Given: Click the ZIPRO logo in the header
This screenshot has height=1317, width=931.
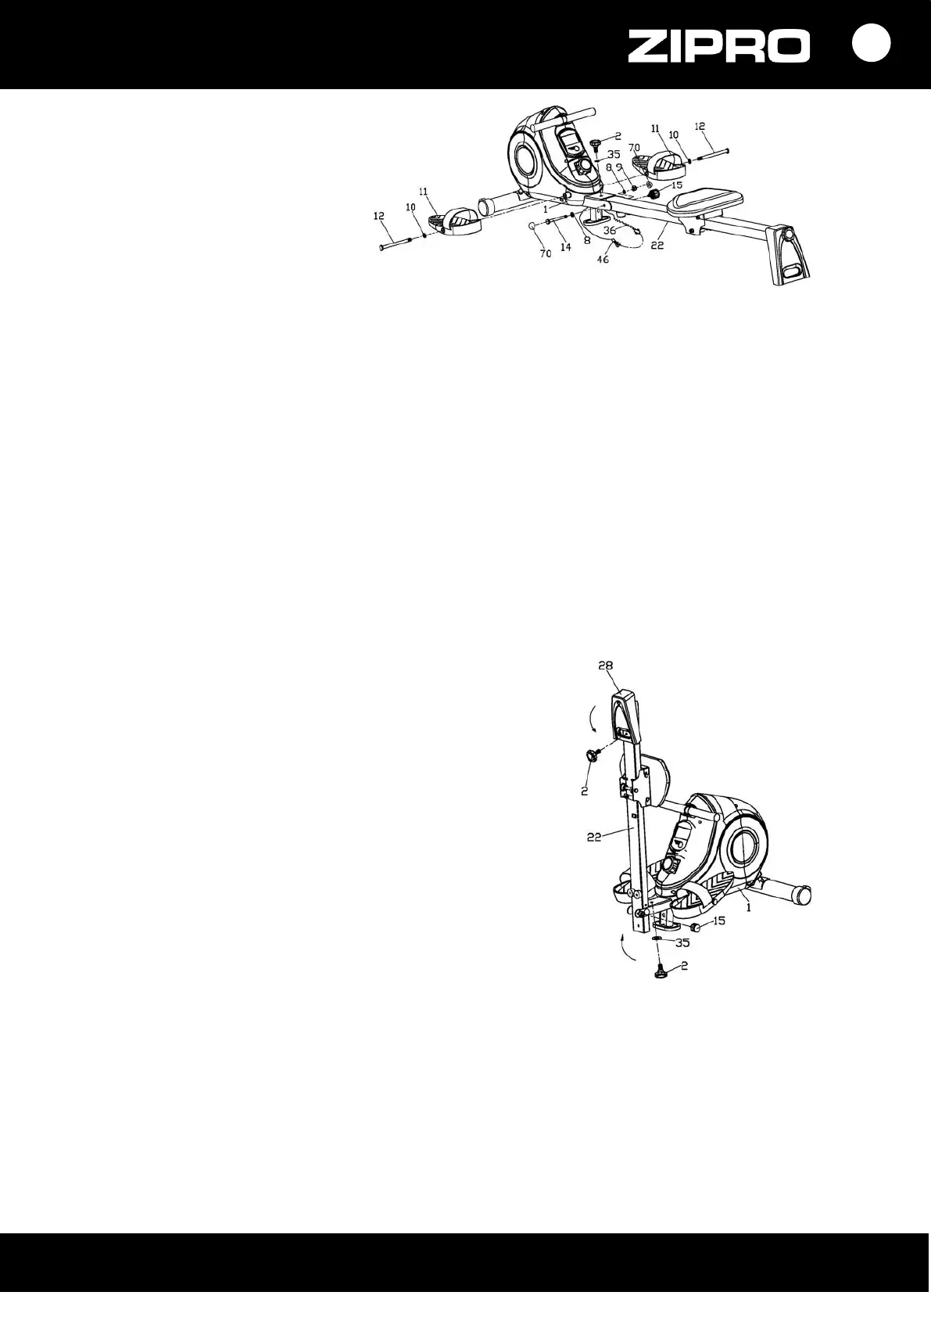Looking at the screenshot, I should (719, 47).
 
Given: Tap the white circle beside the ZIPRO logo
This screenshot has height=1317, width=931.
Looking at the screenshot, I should (871, 44).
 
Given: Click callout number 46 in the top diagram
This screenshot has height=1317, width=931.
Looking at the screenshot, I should (603, 259).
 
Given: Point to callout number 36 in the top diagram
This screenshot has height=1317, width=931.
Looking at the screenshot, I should (609, 230).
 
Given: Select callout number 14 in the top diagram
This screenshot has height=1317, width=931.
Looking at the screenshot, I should (566, 246).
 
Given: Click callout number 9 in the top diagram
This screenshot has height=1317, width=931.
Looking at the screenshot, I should (619, 167).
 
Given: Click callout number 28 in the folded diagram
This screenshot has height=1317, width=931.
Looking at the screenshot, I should (607, 666).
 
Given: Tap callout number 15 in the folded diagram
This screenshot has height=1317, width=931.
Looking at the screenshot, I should (718, 921).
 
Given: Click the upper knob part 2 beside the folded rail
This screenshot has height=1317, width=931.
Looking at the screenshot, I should (590, 755).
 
